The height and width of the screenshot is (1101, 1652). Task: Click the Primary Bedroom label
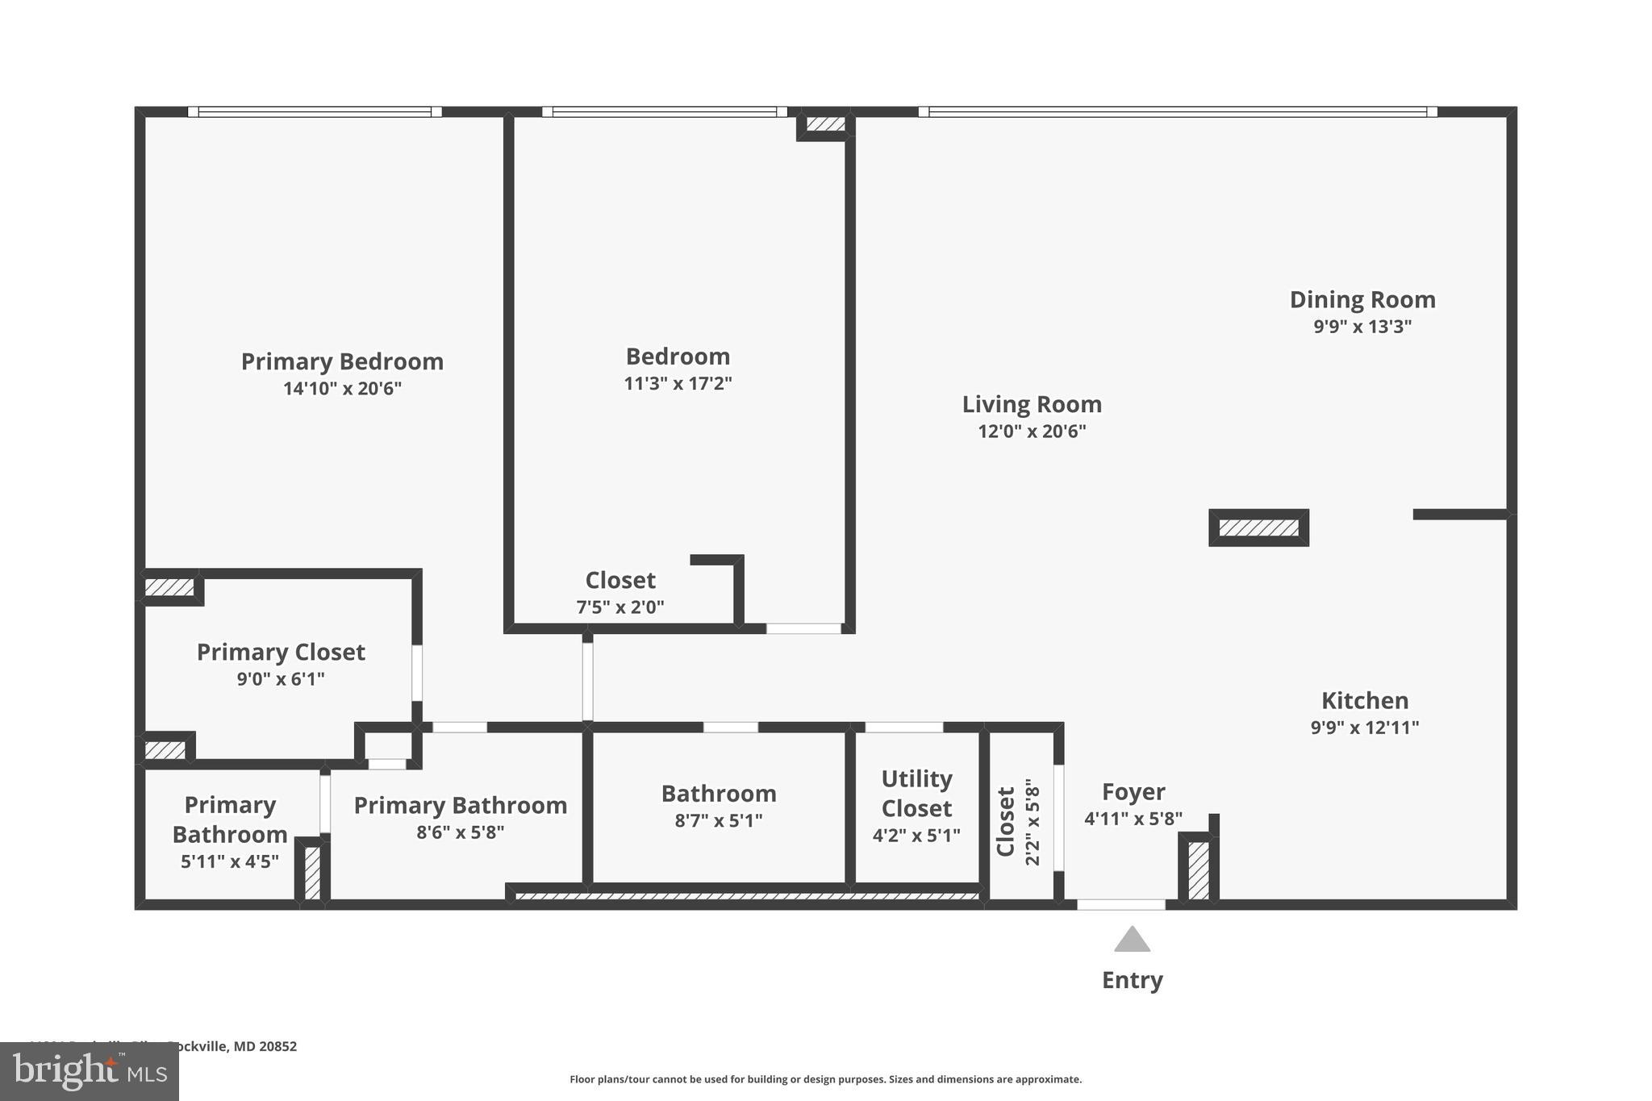click(342, 361)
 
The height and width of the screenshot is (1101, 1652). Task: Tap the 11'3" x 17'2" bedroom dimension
click(678, 383)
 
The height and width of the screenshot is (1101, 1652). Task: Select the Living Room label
click(1032, 404)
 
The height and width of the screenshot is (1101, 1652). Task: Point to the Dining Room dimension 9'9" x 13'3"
click(1362, 327)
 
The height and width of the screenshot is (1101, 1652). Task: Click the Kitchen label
click(1365, 700)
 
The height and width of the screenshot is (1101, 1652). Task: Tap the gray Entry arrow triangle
click(1132, 940)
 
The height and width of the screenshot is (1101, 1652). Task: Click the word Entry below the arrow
click(1132, 980)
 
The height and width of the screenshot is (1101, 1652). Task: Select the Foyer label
click(1133, 792)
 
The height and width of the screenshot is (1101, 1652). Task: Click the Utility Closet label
click(916, 794)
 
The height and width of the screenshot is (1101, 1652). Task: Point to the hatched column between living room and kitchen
click(1258, 528)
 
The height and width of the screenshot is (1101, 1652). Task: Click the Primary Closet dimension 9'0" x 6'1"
click(281, 679)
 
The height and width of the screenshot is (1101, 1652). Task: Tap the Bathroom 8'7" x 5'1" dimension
click(718, 821)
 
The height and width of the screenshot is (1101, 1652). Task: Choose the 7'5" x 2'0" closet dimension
click(620, 607)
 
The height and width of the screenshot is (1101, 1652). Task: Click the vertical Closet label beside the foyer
click(1006, 821)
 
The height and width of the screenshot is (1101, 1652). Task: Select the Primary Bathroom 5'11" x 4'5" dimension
click(230, 861)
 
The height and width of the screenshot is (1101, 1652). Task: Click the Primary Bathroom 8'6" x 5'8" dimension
click(460, 832)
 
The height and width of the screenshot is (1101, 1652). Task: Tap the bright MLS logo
click(89, 1072)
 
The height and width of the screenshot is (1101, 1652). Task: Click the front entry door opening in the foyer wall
click(1120, 905)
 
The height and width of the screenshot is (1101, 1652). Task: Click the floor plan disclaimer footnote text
click(825, 1079)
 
